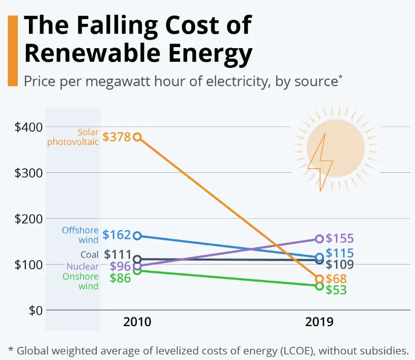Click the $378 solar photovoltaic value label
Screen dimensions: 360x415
[116, 137]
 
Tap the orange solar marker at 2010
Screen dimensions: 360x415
[137, 137]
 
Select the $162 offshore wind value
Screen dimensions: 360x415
[116, 235]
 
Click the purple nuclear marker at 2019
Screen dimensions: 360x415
[319, 239]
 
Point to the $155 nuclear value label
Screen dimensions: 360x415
[339, 239]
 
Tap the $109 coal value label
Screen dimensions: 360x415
[339, 265]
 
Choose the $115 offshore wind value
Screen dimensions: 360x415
[339, 253]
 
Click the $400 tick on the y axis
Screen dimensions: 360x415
[28, 127]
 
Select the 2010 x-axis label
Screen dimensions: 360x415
[137, 322]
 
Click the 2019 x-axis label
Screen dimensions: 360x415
[319, 322]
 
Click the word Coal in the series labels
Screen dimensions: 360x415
[90, 255]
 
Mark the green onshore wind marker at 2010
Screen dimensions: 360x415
[137, 271]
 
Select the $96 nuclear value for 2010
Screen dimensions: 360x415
[120, 267]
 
